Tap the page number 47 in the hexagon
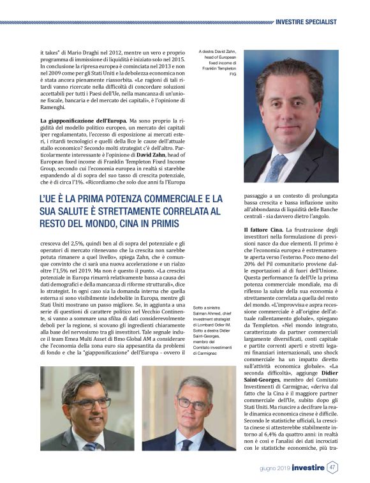[x=332, y=467]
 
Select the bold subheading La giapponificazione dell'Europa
[x=82, y=121]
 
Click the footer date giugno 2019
[x=276, y=468]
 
